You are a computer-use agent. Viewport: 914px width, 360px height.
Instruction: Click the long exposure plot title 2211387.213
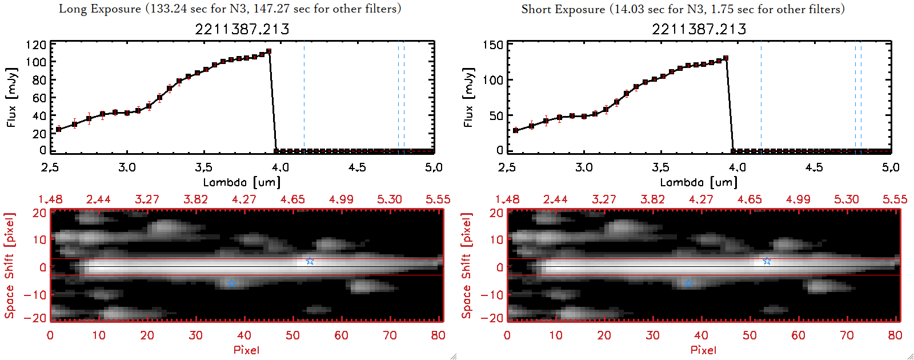pos(242,29)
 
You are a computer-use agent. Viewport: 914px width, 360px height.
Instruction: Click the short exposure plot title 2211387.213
pos(699,29)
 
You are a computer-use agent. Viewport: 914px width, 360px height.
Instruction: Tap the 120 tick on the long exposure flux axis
pos(36,45)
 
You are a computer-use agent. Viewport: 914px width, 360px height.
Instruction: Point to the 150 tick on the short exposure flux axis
pos(493,45)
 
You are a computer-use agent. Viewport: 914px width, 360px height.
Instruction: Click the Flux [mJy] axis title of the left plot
pos(12,97)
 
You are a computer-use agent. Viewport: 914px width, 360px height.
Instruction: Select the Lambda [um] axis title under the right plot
pos(699,182)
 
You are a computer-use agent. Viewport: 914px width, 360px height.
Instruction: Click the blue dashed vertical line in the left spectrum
pos(304,97)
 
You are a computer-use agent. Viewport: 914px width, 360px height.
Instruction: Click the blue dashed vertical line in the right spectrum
pos(761,97)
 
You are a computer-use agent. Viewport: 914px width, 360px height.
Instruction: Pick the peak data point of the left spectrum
pos(269,51)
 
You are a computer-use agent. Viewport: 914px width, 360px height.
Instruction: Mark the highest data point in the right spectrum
pos(726,58)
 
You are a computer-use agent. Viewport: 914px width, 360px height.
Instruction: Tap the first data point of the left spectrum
pos(58,130)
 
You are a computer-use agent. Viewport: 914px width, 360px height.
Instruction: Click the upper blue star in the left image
pos(310,261)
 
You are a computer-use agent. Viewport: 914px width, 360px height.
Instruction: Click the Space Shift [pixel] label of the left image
pos(9,266)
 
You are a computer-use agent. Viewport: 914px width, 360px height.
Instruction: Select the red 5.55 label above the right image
pos(895,199)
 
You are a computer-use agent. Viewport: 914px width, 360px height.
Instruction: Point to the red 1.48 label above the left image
pos(50,199)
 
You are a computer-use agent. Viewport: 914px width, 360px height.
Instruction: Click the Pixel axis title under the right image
pos(703,350)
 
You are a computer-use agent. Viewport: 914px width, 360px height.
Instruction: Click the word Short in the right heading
pos(537,9)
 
